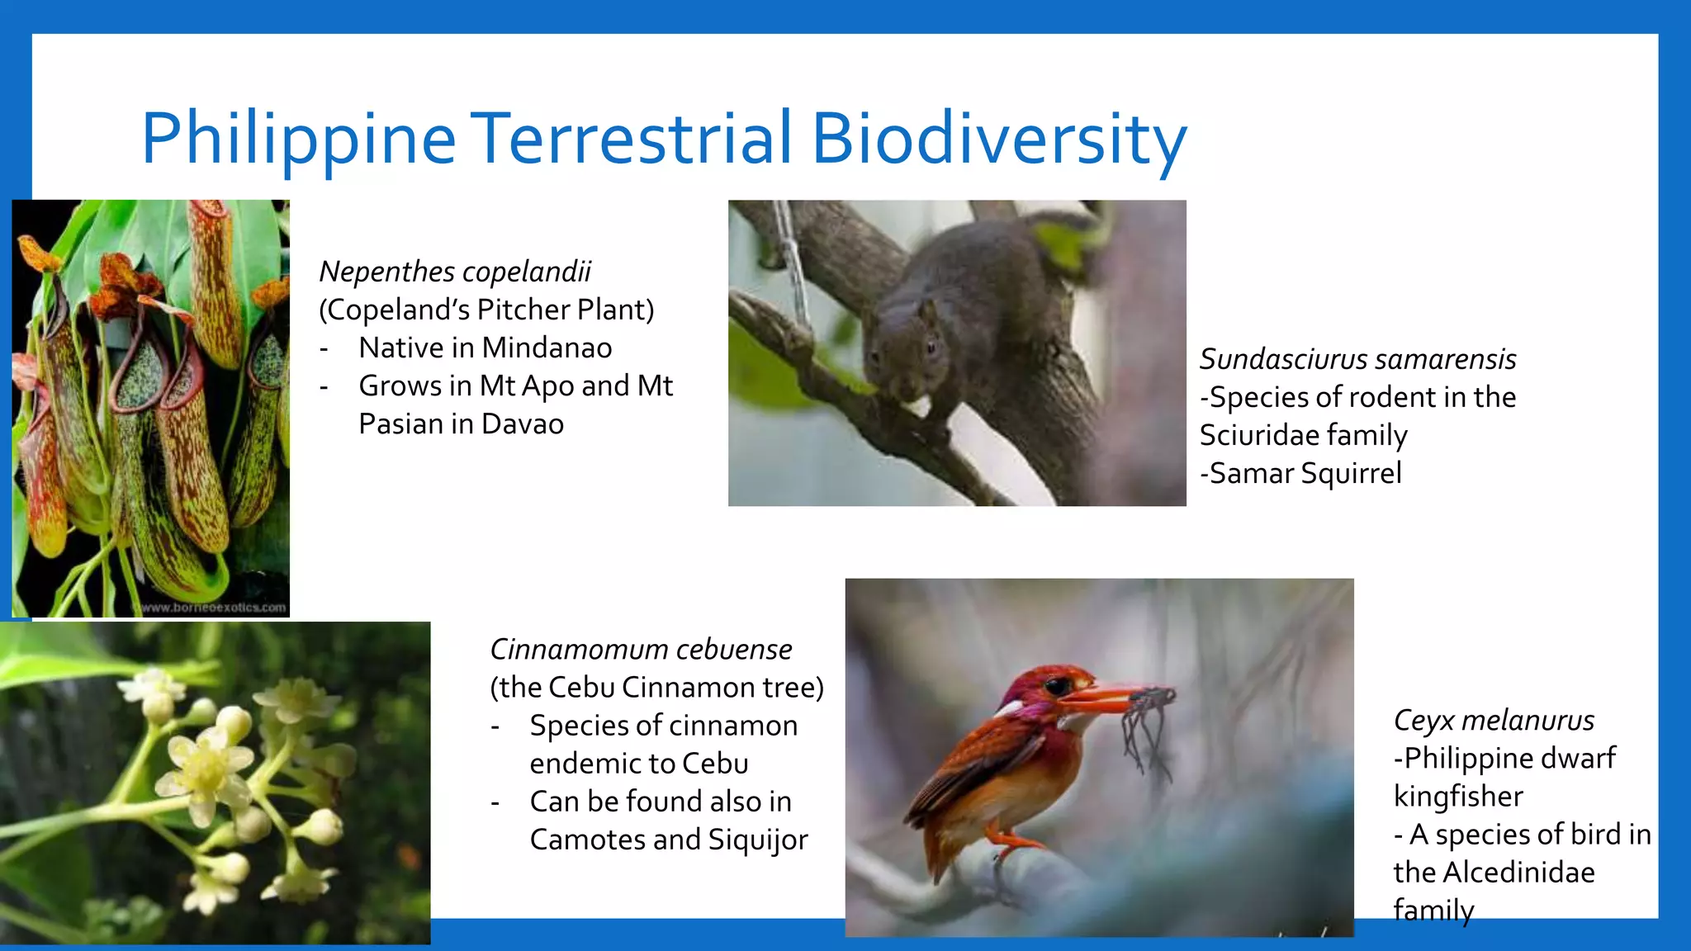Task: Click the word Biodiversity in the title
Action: point(998,138)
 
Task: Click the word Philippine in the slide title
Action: point(299,138)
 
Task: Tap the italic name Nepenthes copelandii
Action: point(455,272)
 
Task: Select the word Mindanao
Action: point(547,348)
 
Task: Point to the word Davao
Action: point(522,423)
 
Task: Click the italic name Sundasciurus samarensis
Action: point(1357,359)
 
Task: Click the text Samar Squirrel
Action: point(1305,473)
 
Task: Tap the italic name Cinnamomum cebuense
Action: point(641,650)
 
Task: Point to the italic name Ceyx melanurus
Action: point(1494,720)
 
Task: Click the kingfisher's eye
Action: point(1056,686)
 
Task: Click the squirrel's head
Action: point(904,347)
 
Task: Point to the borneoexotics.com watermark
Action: point(213,608)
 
